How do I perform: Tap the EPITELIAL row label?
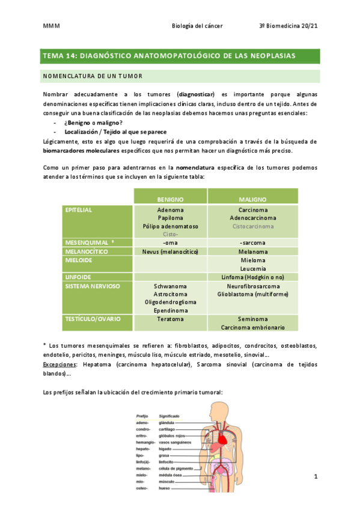(79, 210)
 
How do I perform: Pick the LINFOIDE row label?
(78, 277)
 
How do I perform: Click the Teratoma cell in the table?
(171, 319)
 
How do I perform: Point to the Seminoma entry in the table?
(252, 319)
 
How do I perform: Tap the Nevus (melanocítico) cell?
(171, 251)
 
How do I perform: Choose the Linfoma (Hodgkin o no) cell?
(252, 277)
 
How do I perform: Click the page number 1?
(315, 476)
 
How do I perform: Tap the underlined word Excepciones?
(59, 364)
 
